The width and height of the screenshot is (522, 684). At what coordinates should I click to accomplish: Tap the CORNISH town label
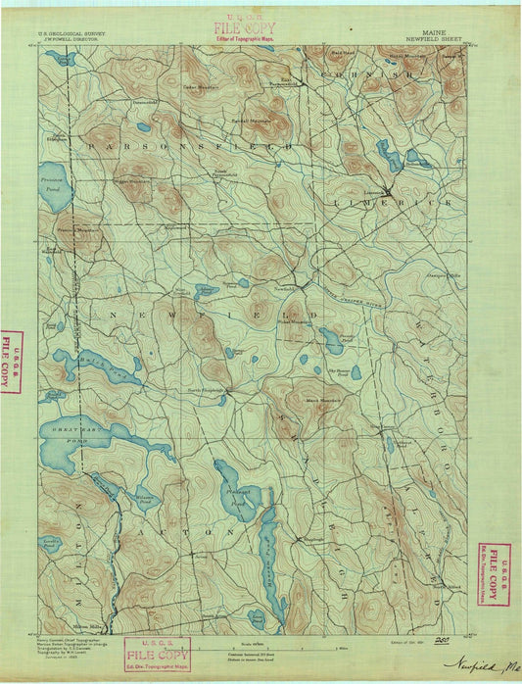(349, 74)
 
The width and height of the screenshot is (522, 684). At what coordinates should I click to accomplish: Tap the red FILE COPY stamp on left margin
(11, 361)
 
